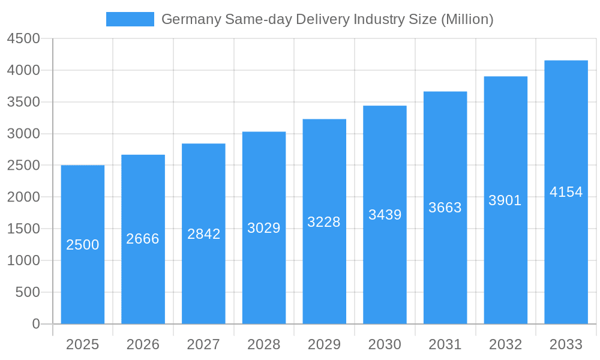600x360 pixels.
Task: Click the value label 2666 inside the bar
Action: (143, 239)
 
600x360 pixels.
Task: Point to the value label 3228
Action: (324, 222)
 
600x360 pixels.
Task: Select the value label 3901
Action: (505, 200)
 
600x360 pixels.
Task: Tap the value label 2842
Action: (204, 234)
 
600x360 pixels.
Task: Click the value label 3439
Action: (385, 215)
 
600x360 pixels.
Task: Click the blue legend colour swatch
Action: (130, 19)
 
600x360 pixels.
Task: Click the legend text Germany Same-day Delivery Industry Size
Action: (328, 19)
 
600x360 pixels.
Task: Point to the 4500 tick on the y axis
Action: (23, 38)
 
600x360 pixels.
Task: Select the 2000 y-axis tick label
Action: (23, 197)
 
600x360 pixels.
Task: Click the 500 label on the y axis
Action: (27, 292)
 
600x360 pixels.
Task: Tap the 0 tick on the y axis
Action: (36, 324)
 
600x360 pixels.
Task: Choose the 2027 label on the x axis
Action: (203, 344)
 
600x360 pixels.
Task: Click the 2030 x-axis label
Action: (385, 344)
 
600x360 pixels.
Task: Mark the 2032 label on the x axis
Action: (505, 344)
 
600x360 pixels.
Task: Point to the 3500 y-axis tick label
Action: (23, 102)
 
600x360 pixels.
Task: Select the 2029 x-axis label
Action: (324, 344)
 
